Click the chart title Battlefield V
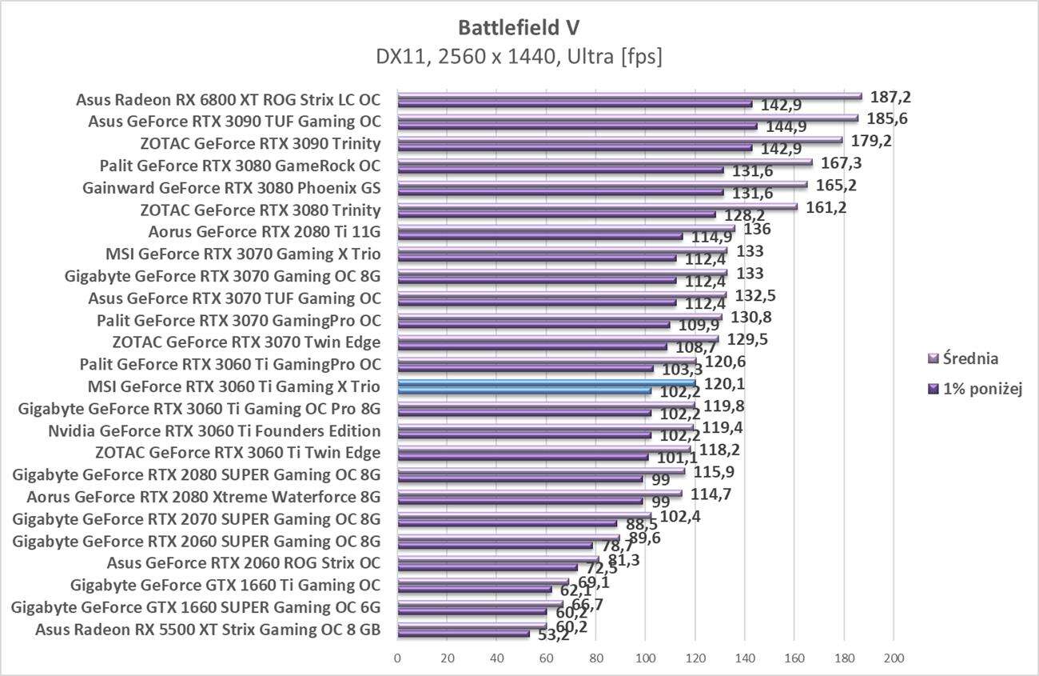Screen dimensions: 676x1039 (x=519, y=28)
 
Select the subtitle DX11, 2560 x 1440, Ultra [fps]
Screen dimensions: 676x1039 (x=519, y=57)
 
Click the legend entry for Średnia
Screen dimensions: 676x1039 (x=969, y=358)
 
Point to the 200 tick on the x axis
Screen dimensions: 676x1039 (x=894, y=658)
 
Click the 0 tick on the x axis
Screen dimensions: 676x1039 (x=397, y=658)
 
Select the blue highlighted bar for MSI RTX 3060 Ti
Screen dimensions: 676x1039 (x=546, y=384)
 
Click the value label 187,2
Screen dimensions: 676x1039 (x=891, y=97)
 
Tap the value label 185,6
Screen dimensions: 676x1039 (x=887, y=118)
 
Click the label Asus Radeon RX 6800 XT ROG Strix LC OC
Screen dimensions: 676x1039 (x=228, y=100)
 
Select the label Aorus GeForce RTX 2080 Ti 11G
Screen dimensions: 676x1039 (x=265, y=233)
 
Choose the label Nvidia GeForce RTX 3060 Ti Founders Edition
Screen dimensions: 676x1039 (x=214, y=431)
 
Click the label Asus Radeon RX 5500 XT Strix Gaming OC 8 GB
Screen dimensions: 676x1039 (x=208, y=630)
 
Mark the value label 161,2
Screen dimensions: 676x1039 (x=826, y=207)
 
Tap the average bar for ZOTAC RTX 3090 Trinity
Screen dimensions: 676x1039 (x=619, y=140)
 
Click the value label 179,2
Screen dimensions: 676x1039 (x=872, y=141)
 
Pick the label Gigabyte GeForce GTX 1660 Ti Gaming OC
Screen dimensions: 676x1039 (x=225, y=586)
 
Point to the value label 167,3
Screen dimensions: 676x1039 (x=842, y=163)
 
